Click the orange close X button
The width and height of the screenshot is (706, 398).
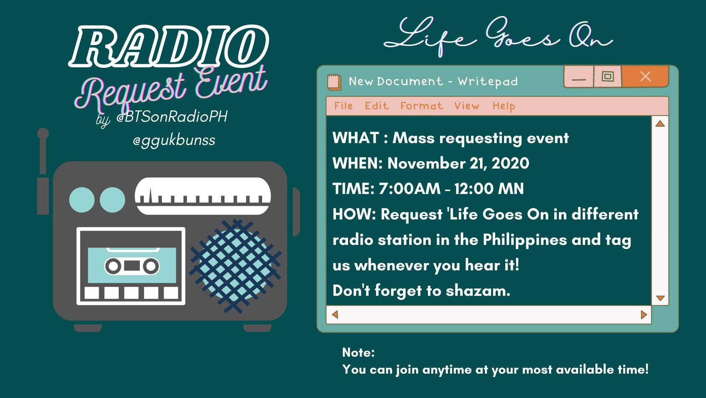click(645, 76)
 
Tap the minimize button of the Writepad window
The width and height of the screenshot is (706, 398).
click(579, 77)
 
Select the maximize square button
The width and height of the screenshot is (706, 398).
click(608, 76)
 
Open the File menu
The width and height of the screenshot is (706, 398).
click(343, 106)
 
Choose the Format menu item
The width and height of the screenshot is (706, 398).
click(421, 106)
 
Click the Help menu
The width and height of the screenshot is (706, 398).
click(504, 106)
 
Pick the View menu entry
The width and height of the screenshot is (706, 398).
click(467, 106)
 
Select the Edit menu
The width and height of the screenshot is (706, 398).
click(376, 106)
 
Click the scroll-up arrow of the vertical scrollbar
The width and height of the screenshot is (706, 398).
click(660, 124)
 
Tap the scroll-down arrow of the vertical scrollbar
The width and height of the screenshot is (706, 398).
click(660, 298)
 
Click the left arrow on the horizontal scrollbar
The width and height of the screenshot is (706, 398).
click(335, 315)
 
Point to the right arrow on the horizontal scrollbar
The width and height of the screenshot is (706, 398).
click(644, 315)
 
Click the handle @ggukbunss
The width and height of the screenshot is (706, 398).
click(174, 141)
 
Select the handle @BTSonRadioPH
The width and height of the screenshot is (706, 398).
click(172, 117)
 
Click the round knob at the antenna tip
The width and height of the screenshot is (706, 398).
click(43, 133)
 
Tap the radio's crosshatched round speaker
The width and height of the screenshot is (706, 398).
click(235, 266)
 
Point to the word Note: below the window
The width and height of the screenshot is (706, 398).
click(358, 353)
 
